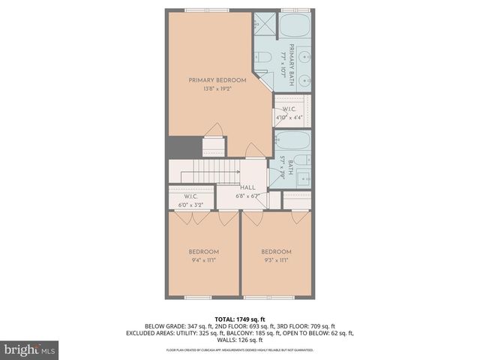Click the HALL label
(247, 187)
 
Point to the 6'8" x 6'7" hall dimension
(247, 196)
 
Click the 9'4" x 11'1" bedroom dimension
(203, 260)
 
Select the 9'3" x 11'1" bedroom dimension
(276, 260)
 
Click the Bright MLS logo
(29, 349)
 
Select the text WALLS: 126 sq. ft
(239, 340)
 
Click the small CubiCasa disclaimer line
(239, 350)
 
